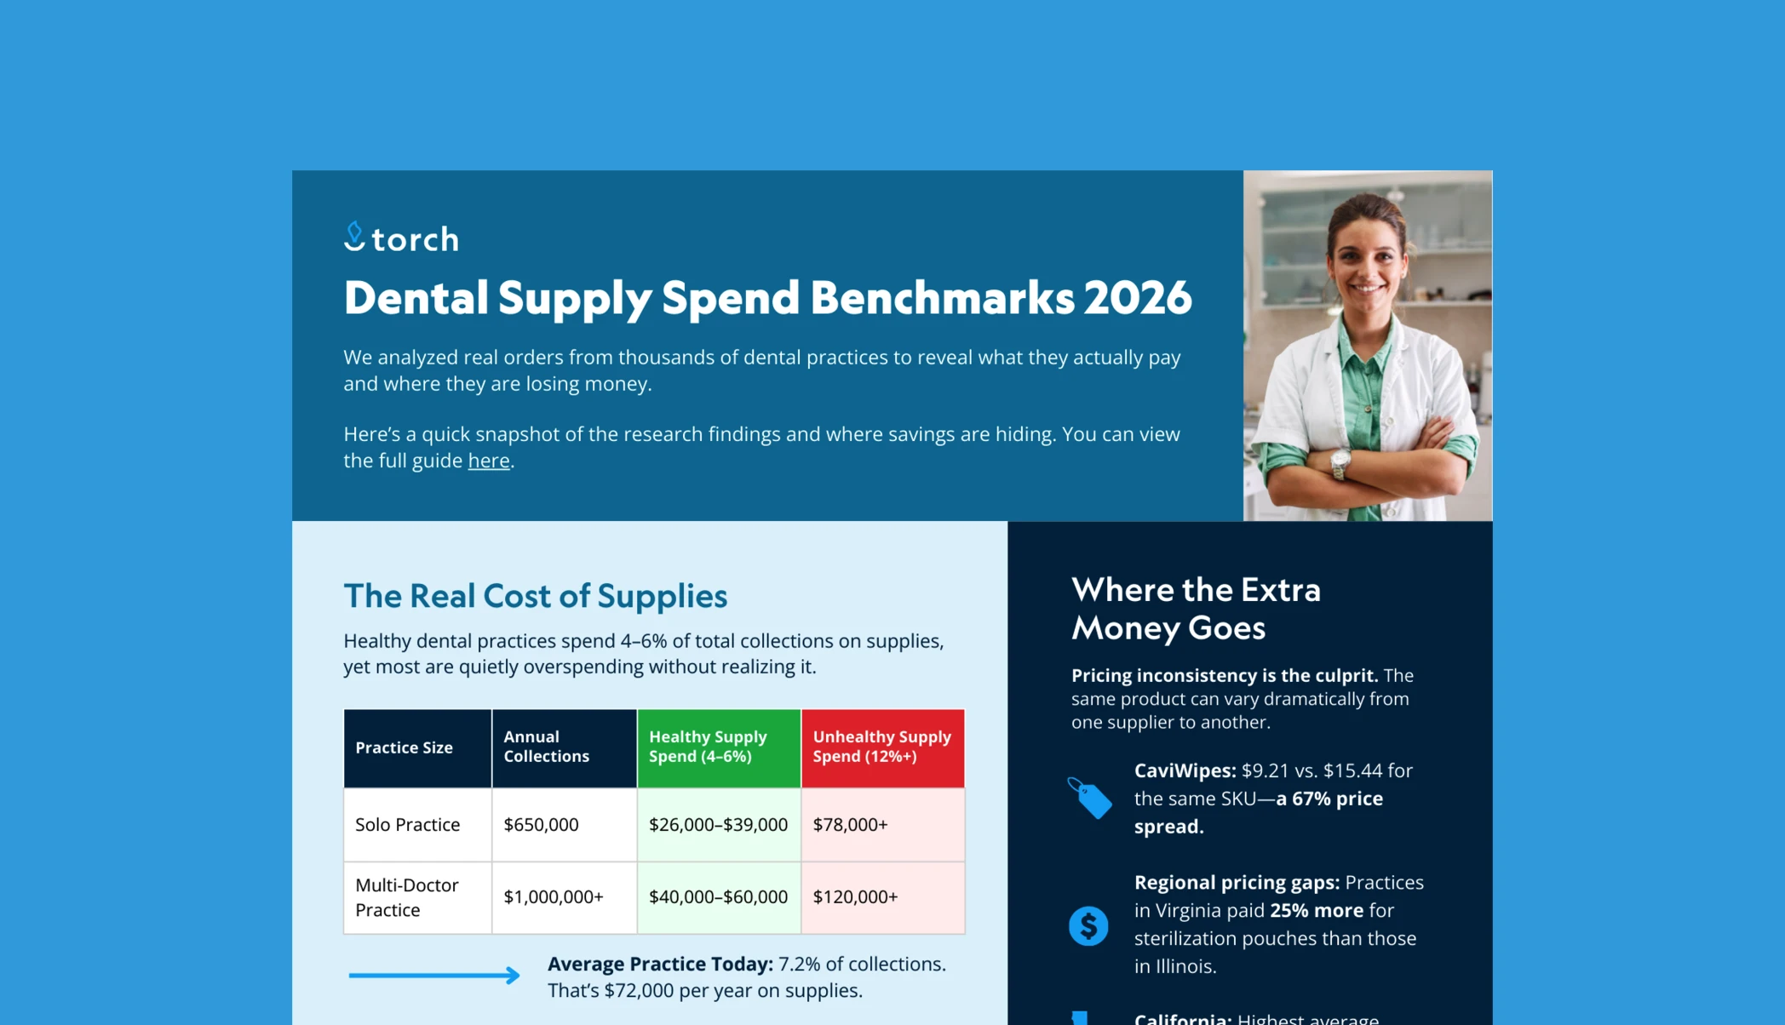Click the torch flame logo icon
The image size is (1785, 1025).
point(354,237)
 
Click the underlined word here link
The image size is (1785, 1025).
point(489,461)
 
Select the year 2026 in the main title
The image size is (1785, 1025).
point(1137,298)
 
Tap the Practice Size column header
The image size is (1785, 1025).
point(417,747)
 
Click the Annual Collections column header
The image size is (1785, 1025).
point(565,747)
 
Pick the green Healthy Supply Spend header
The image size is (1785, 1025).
point(719,747)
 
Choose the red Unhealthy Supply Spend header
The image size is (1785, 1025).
point(883,747)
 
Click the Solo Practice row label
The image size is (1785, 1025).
point(407,824)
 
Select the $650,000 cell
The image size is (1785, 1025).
point(541,824)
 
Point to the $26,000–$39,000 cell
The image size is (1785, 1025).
point(718,824)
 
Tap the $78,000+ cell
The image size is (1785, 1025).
point(850,824)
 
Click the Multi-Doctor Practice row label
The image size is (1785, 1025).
point(407,897)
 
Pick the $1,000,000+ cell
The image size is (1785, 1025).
point(554,896)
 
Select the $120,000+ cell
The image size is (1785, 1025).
point(855,896)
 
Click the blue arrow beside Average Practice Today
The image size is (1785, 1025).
point(434,975)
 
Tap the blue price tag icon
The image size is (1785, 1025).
point(1089,798)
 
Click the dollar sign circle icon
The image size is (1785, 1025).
point(1088,925)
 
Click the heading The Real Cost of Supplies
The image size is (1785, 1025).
point(535,596)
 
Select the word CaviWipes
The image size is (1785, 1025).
point(1185,770)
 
